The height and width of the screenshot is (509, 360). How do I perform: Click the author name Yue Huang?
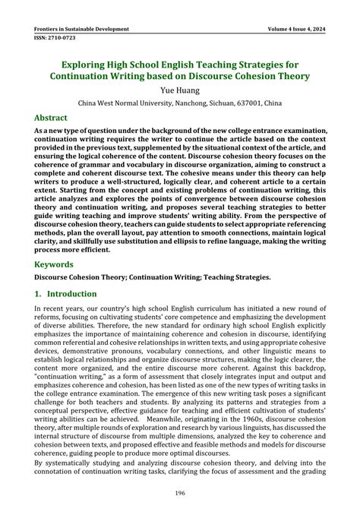[180, 90]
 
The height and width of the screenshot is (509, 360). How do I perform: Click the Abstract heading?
[51, 119]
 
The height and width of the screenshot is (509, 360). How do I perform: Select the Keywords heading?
[54, 265]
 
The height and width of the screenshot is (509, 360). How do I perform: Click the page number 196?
[180, 493]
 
